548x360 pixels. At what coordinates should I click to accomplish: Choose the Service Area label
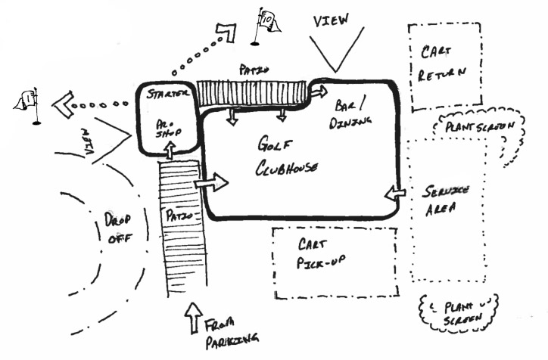444,199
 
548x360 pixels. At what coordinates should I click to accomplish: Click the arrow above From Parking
193,315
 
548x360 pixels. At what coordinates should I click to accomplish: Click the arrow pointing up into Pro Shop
170,151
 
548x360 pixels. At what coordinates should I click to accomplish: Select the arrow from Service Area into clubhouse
393,194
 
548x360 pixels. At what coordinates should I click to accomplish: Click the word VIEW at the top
331,22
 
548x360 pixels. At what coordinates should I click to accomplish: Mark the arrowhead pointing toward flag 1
62,104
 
